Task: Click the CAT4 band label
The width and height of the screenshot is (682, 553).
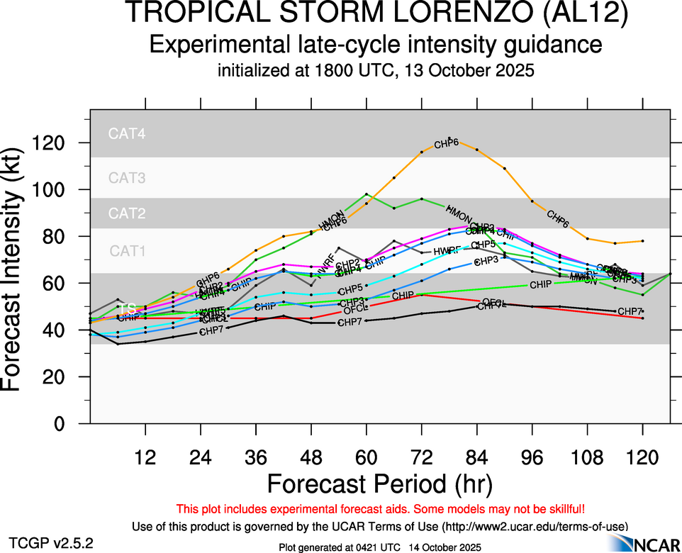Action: tap(127, 133)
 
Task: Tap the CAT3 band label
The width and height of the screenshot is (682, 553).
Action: tap(127, 178)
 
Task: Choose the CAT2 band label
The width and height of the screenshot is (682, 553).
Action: tap(127, 213)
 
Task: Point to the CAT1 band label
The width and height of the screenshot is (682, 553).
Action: tap(127, 250)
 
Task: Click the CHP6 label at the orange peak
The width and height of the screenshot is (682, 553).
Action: tap(447, 144)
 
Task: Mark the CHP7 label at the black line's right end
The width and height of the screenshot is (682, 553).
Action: tap(630, 311)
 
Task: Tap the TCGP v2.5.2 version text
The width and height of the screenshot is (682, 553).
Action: tap(50, 544)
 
